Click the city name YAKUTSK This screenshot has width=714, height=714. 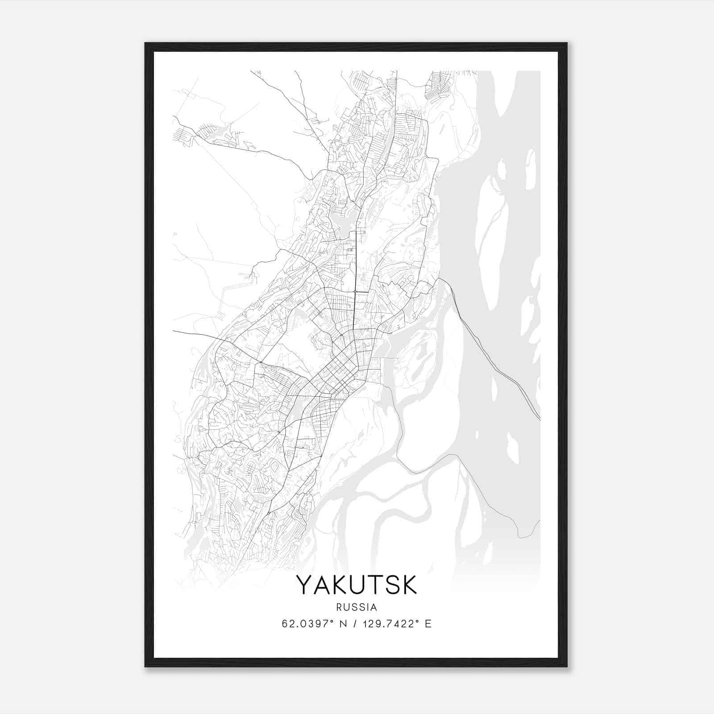(x=357, y=585)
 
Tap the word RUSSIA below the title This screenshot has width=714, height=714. (x=357, y=607)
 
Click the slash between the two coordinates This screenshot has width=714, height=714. (x=355, y=624)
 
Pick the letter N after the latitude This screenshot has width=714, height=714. (x=343, y=624)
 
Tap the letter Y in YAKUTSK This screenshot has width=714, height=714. (x=306, y=585)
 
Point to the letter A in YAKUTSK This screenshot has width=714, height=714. (x=324, y=585)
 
